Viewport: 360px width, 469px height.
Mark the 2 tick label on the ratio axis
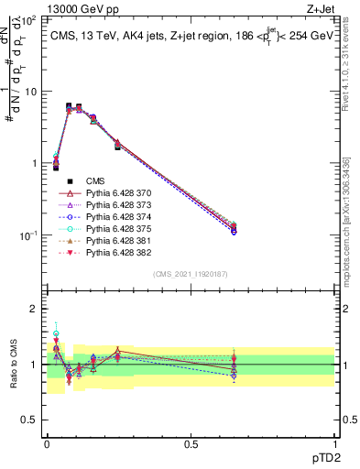click(x=37, y=309)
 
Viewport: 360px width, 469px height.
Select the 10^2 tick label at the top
click(x=30, y=20)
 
